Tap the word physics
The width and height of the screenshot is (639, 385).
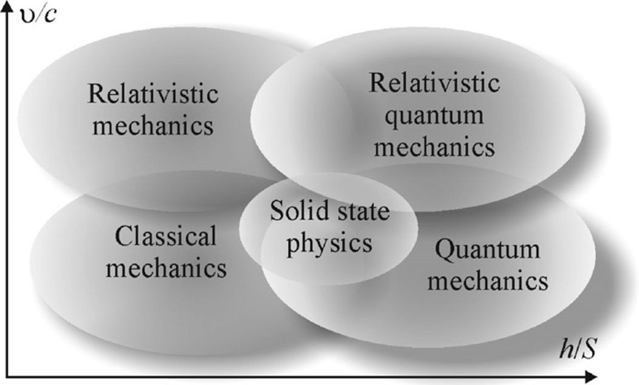(329, 242)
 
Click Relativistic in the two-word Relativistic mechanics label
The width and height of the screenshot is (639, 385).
(153, 94)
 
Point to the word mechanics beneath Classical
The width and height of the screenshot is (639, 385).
(166, 267)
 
